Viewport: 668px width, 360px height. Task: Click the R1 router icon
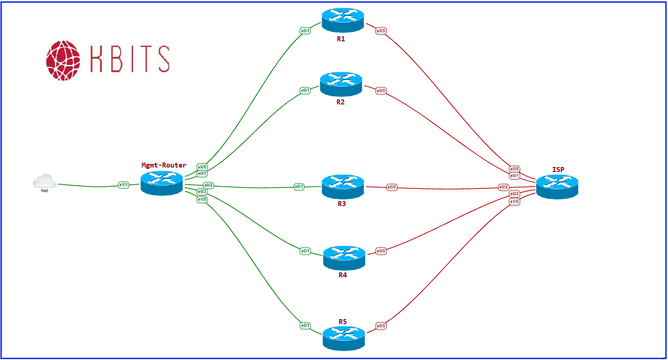click(343, 20)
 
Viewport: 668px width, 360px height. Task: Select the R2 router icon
click(341, 84)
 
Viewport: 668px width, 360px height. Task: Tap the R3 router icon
click(343, 186)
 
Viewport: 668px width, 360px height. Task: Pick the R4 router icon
click(344, 257)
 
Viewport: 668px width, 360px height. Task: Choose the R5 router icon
click(343, 338)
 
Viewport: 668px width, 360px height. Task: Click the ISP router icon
click(557, 186)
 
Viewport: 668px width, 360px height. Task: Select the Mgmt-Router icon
click(161, 183)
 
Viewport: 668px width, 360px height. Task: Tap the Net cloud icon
click(45, 181)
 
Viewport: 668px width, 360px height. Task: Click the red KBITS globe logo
click(63, 60)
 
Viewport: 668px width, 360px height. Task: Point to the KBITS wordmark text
click(129, 59)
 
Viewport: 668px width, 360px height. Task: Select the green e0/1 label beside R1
click(305, 31)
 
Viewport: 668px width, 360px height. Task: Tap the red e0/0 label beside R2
click(381, 91)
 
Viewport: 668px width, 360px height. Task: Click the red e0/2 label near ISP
click(503, 187)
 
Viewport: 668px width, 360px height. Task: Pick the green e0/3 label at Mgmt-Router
click(202, 192)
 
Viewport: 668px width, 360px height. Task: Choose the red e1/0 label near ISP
click(515, 202)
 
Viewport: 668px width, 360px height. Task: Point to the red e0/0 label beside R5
click(381, 325)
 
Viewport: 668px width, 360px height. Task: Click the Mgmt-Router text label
click(164, 165)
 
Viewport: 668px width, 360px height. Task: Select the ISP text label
click(558, 170)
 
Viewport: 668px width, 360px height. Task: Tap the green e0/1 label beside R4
click(305, 251)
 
